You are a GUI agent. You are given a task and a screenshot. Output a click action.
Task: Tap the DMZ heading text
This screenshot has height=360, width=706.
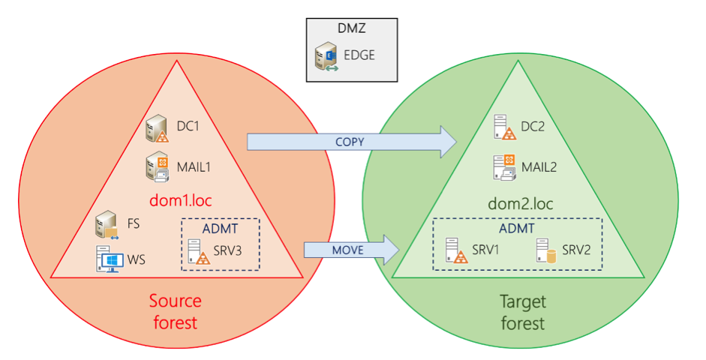tap(351, 28)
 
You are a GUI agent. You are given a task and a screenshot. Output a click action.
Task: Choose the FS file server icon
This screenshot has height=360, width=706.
tap(107, 224)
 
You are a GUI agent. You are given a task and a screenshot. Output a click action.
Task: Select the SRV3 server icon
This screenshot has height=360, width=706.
tap(199, 251)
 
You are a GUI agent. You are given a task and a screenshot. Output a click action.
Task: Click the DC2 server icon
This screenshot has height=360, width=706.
tap(504, 128)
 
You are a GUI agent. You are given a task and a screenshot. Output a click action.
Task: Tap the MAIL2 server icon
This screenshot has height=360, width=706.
tap(504, 166)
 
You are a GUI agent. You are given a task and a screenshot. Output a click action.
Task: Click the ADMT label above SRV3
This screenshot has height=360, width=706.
tap(219, 229)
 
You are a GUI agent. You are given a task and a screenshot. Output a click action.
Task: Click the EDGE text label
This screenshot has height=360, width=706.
tap(359, 55)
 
